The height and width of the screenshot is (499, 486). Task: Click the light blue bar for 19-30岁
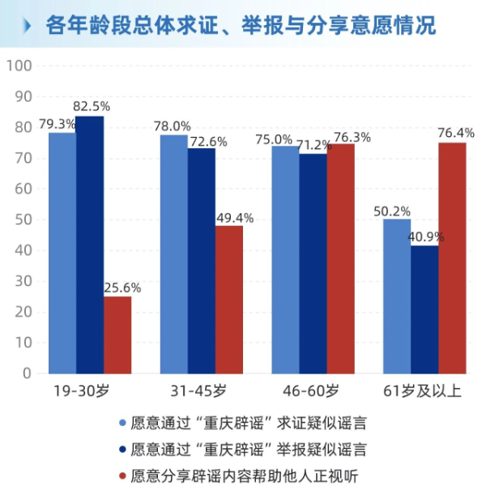[62, 253]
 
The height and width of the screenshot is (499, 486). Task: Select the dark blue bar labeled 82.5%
[90, 245]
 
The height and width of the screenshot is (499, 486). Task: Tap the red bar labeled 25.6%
[117, 335]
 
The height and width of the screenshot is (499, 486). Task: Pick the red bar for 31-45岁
[229, 299]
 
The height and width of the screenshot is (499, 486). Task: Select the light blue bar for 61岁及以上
[397, 296]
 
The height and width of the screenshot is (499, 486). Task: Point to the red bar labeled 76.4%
[452, 258]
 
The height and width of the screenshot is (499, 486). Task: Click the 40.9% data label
[424, 237]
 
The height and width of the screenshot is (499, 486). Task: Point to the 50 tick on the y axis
[22, 220]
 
